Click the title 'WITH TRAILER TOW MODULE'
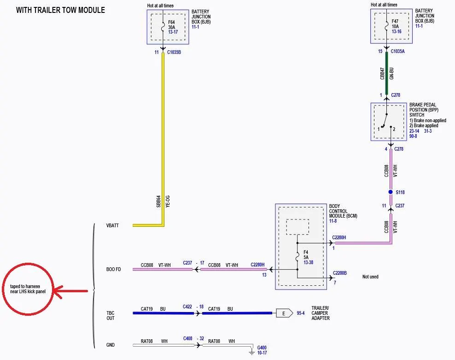pyautogui.click(x=60, y=10)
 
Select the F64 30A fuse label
pyautogui.click(x=172, y=25)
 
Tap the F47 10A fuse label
pyautogui.click(x=395, y=24)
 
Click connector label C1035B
pyautogui.click(x=174, y=52)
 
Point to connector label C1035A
pyautogui.click(x=397, y=52)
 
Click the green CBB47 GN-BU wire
pyautogui.click(x=386, y=73)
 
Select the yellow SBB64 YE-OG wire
pyautogui.click(x=163, y=140)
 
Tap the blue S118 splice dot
pyautogui.click(x=391, y=192)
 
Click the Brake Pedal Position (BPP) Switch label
pyautogui.click(x=424, y=110)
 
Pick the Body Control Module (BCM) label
pyautogui.click(x=343, y=211)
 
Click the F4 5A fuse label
pyautogui.click(x=306, y=255)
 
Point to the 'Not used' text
pyautogui.click(x=370, y=277)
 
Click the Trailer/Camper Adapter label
pyautogui.click(x=321, y=313)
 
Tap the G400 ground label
pyautogui.click(x=262, y=348)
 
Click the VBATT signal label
pyautogui.click(x=112, y=225)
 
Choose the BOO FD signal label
pyautogui.click(x=113, y=269)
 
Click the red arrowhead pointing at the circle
pyautogui.click(x=58, y=291)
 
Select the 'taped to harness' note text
pyautogui.click(x=25, y=287)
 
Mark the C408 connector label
pyautogui.click(x=188, y=338)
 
